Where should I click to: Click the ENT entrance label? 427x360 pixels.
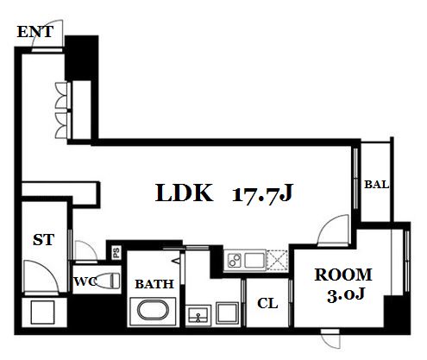click(x=35, y=32)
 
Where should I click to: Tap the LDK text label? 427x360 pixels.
click(x=184, y=193)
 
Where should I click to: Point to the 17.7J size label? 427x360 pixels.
click(x=262, y=193)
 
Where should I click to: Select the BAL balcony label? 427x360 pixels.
click(x=377, y=184)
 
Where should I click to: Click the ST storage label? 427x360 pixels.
click(x=44, y=239)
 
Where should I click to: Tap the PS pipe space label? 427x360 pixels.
click(x=116, y=253)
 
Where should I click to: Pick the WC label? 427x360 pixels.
click(x=85, y=281)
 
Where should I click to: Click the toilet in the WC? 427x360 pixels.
click(x=107, y=281)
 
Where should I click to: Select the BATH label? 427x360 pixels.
click(x=154, y=284)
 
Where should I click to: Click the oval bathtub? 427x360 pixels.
click(x=153, y=311)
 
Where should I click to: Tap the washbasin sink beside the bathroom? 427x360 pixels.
click(x=198, y=315)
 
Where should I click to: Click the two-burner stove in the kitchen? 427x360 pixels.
click(x=235, y=261)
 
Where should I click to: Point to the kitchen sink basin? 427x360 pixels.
click(x=254, y=261)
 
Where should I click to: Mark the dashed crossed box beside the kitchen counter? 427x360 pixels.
click(x=277, y=260)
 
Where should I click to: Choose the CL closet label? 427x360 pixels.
click(x=267, y=303)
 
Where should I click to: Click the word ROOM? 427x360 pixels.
click(x=343, y=275)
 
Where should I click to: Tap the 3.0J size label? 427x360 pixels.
click(x=346, y=294)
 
